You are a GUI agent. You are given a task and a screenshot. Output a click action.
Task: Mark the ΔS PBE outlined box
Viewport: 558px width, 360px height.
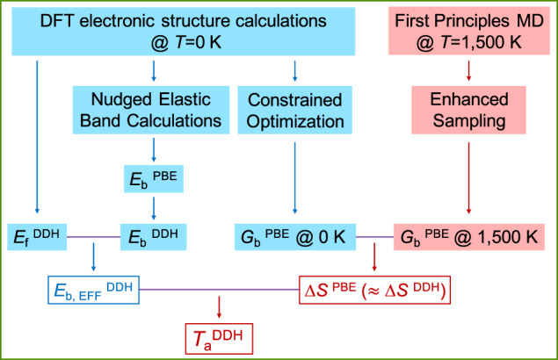pyautogui.click(x=375, y=289)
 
